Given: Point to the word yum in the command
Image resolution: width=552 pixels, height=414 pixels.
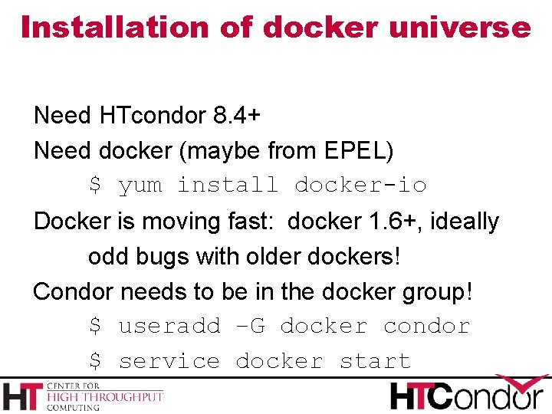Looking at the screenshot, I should tap(140, 186).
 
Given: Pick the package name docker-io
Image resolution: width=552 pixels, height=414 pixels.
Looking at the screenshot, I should tap(360, 186).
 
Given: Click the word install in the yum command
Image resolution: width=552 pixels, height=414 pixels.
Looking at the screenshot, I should tap(228, 186).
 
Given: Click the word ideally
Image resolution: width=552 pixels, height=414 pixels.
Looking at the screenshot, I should tap(465, 222).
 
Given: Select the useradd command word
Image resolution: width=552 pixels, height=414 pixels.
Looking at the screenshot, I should tap(169, 327).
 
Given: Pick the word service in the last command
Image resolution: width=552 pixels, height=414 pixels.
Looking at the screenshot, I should tap(169, 361).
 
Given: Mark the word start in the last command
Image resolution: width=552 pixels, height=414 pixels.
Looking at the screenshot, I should tap(375, 361).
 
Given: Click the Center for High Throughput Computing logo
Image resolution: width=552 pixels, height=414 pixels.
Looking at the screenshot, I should tap(83, 395).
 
